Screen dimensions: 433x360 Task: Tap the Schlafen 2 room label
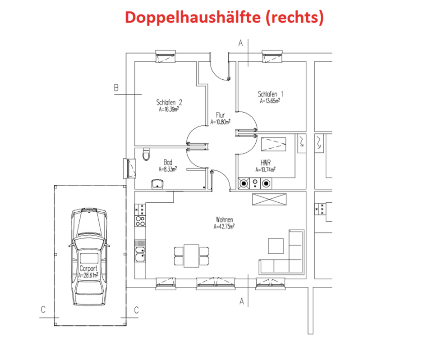169,101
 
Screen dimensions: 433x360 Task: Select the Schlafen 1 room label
270,94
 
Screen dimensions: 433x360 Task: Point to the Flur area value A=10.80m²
220,121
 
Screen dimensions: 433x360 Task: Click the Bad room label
168,163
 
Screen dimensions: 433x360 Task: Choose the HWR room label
265,163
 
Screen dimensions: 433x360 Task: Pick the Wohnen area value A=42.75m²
224,227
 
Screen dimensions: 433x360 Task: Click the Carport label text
88,268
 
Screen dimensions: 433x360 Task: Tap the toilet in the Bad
145,155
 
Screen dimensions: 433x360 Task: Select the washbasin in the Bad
157,183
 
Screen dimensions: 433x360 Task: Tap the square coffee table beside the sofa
276,246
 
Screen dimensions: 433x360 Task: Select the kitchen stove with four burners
139,221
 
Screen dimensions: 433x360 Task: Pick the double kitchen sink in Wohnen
139,252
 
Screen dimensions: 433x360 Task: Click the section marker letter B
116,88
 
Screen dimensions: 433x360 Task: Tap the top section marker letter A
240,43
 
